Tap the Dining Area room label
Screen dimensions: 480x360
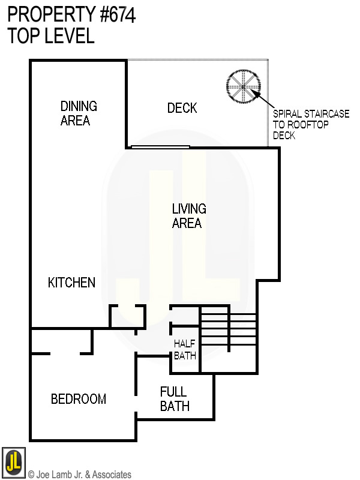(79, 113)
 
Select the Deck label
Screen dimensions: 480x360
(182, 108)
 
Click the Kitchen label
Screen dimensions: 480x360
(71, 283)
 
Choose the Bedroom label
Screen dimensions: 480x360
(78, 399)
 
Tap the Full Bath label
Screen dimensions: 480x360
(175, 399)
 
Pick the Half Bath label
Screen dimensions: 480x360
(185, 349)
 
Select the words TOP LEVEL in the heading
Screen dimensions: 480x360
(51, 36)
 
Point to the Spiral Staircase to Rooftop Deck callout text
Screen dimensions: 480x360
(310, 125)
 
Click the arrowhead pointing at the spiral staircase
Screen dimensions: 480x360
(256, 93)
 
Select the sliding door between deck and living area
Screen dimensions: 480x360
(160, 147)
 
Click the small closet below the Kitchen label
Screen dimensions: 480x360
(127, 316)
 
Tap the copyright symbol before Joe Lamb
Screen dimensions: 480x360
(31, 475)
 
